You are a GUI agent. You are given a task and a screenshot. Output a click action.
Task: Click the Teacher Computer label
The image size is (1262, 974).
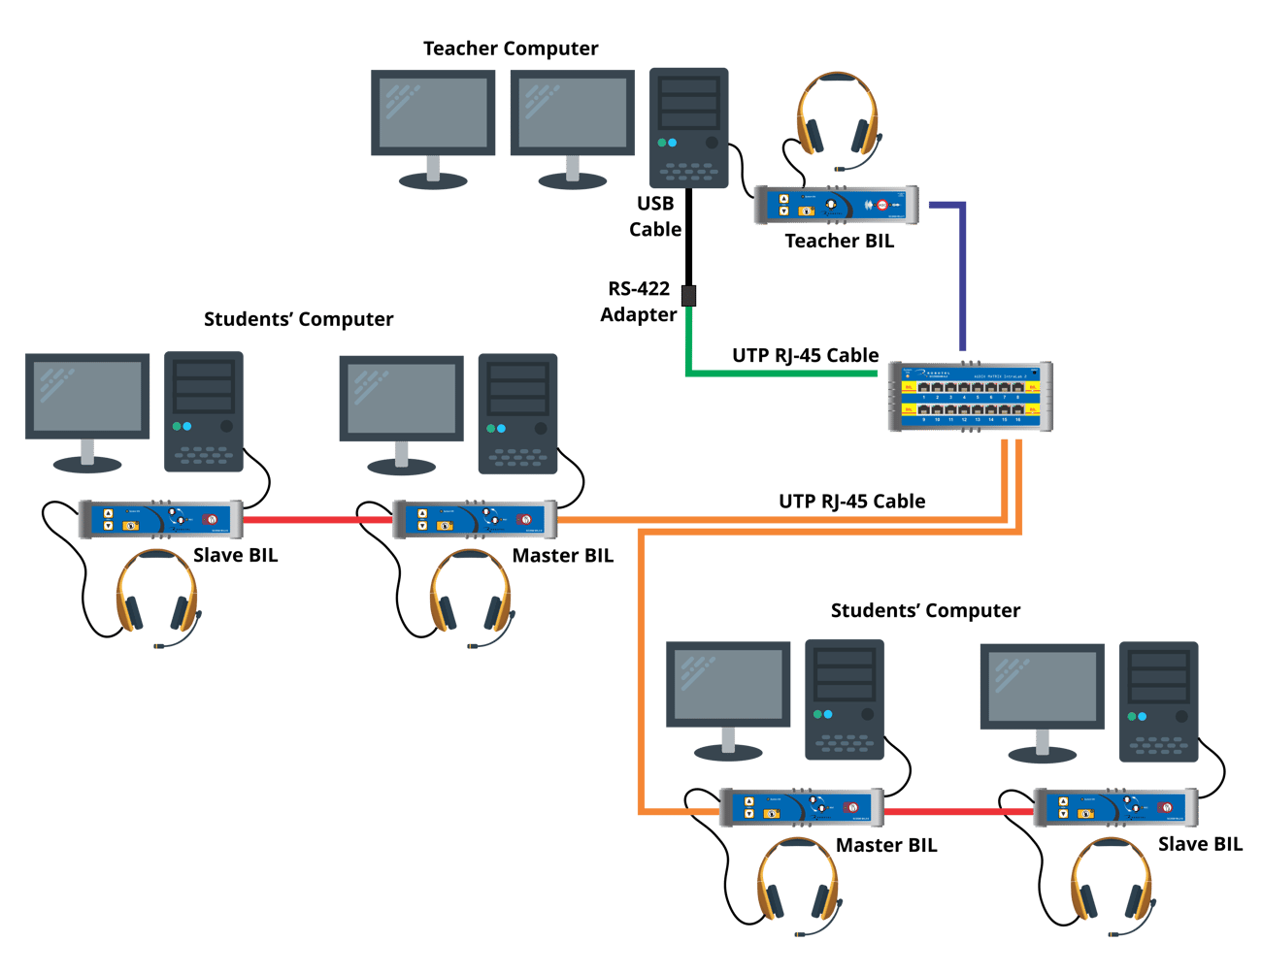(x=511, y=49)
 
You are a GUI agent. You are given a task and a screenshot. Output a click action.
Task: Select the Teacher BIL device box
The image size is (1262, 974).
(x=836, y=205)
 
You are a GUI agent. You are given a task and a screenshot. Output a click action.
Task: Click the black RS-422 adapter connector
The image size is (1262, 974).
(x=688, y=295)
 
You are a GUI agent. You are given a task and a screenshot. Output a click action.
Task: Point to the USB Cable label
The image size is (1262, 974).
(x=655, y=216)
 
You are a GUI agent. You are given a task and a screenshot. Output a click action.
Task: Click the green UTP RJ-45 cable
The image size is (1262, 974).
(x=777, y=372)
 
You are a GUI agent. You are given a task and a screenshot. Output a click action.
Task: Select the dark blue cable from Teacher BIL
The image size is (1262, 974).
(x=962, y=272)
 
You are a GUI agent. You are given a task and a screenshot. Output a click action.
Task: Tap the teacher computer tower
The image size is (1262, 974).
(x=688, y=127)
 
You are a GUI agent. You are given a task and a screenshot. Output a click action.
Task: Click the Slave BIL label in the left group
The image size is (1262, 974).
(x=236, y=556)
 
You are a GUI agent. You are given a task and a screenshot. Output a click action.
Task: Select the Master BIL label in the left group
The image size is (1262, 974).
(x=563, y=556)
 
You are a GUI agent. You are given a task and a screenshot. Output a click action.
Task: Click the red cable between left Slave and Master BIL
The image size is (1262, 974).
(x=316, y=519)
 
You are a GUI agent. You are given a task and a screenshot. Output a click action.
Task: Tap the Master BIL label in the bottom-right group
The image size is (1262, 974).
(x=886, y=846)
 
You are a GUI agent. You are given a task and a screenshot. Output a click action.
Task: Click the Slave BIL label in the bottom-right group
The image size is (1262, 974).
(x=1200, y=844)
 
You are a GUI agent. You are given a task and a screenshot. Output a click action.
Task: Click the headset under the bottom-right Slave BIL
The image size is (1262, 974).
(x=1112, y=883)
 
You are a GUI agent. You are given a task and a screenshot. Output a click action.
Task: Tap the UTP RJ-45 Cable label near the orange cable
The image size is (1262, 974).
(x=851, y=502)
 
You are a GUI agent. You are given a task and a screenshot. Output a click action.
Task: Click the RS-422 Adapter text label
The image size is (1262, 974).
(x=638, y=302)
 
